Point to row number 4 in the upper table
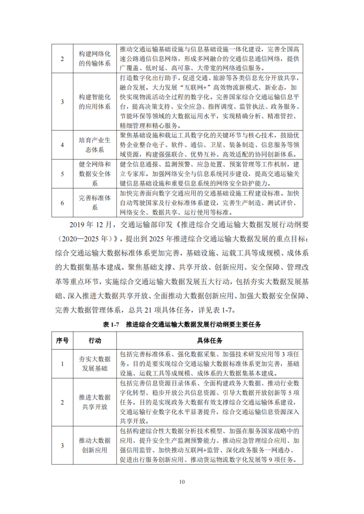point(62,144)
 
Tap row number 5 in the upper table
point(62,174)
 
